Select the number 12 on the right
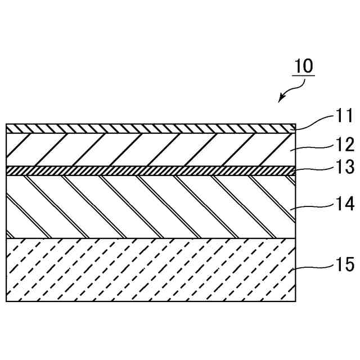pyautogui.click(x=344, y=145)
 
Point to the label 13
pyautogui.click(x=344, y=167)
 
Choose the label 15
pyautogui.click(x=344, y=264)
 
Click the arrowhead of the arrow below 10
pyautogui.click(x=281, y=100)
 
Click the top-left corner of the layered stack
pyautogui.click(x=6, y=124)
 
